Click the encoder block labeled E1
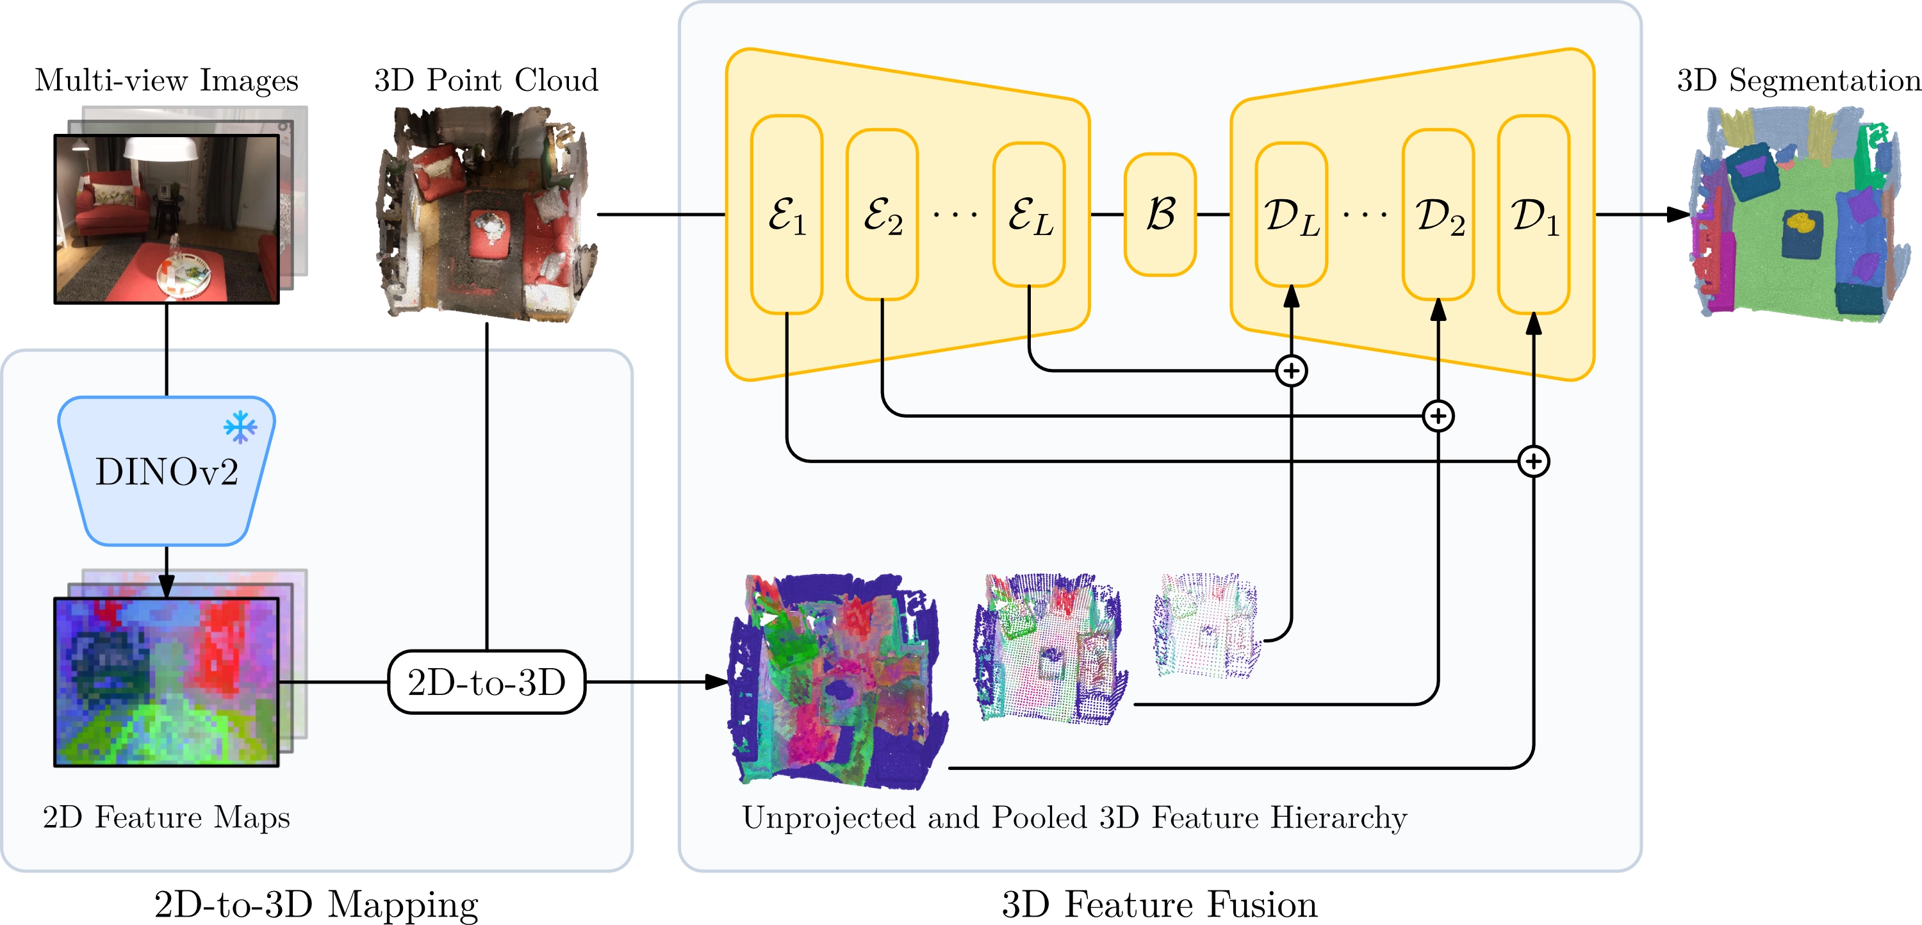click(x=786, y=214)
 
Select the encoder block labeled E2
click(x=882, y=214)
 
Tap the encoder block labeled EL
click(x=1029, y=214)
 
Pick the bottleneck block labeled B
click(x=1160, y=214)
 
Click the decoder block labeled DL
click(x=1291, y=214)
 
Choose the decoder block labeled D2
click(x=1438, y=214)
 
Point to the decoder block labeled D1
click(x=1533, y=214)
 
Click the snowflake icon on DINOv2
click(x=240, y=427)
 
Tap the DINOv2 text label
click(x=167, y=472)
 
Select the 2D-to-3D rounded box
click(x=486, y=682)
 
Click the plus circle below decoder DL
click(x=1292, y=371)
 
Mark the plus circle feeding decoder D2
click(x=1438, y=416)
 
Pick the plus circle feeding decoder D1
click(x=1534, y=462)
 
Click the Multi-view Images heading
click(x=167, y=80)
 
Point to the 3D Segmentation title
click(x=1798, y=80)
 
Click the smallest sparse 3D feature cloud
click(x=1206, y=625)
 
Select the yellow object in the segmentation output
click(x=1800, y=222)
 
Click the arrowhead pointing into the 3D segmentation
click(x=1678, y=215)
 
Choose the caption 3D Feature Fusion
click(x=1160, y=904)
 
